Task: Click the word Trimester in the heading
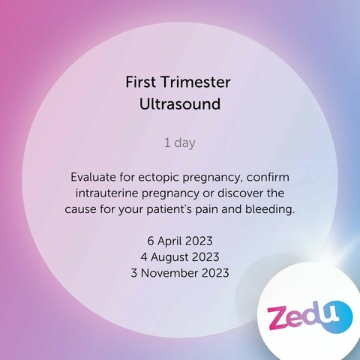(196, 82)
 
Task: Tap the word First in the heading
(140, 82)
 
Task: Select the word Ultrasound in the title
(180, 104)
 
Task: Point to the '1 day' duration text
(180, 143)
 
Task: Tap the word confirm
(268, 177)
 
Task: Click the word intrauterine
(107, 193)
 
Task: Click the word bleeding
(270, 210)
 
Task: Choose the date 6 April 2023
(180, 241)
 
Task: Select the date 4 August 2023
(180, 257)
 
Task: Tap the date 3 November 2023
(180, 273)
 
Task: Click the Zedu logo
(310, 316)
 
